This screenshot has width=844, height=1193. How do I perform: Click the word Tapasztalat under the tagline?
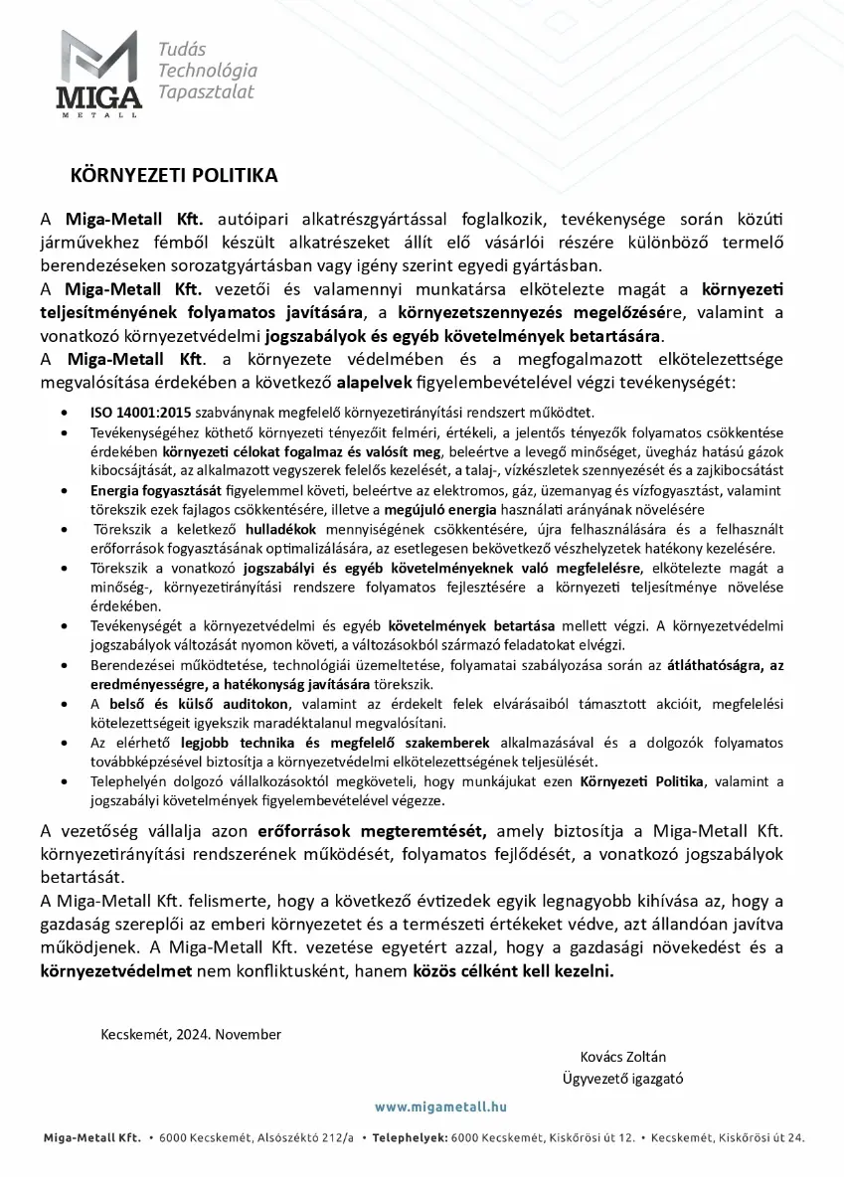[206, 91]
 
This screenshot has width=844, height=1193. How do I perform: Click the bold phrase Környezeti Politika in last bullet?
[641, 781]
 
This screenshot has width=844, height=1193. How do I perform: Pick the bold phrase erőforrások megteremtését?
[371, 831]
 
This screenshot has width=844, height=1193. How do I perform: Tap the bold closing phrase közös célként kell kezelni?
[513, 971]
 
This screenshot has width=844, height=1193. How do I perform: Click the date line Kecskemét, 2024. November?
[191, 1034]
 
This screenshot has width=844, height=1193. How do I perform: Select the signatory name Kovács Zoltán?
[622, 1056]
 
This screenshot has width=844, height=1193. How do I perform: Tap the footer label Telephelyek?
[410, 1137]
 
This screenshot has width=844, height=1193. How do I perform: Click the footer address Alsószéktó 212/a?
[294, 1137]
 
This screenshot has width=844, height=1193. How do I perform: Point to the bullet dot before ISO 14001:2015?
[66, 412]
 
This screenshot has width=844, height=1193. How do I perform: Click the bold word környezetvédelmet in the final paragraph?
[114, 971]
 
